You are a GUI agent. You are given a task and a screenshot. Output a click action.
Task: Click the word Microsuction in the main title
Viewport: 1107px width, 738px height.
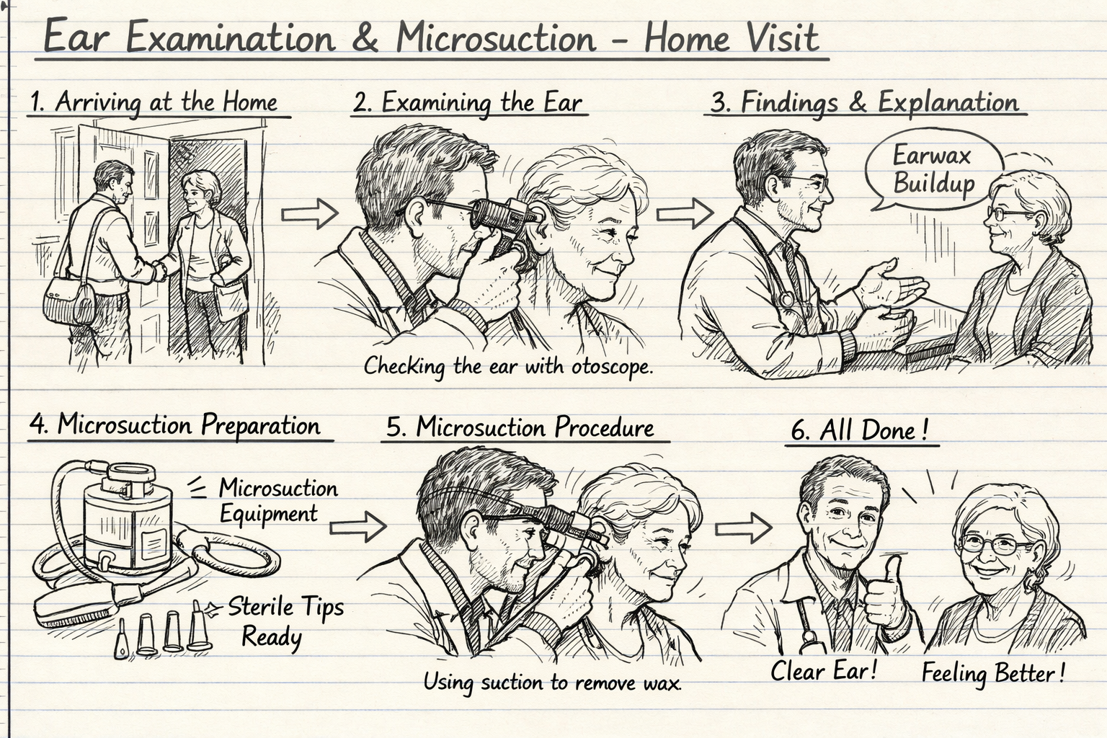496,37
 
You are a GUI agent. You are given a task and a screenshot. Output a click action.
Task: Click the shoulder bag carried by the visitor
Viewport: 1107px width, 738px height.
68,301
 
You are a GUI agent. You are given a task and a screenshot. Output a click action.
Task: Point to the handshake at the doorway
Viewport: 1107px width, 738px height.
160,270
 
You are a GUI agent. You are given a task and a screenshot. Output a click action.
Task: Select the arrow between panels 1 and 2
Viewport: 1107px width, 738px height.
308,213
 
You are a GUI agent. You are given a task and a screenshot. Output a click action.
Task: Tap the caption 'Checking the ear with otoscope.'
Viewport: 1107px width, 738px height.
507,366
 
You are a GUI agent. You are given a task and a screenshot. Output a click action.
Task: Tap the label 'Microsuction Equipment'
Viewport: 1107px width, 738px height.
277,501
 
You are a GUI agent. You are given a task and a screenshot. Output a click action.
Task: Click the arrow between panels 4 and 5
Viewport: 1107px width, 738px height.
358,527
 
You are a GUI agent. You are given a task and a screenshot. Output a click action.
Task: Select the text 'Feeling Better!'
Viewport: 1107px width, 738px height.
992,673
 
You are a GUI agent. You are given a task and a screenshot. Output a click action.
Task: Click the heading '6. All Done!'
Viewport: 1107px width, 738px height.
859,430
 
